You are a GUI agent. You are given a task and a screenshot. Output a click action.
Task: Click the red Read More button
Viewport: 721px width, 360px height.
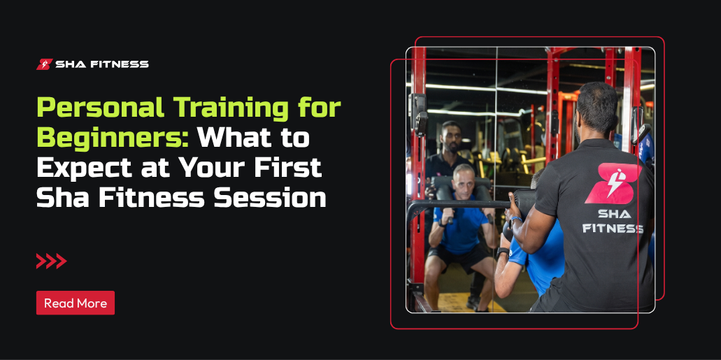click(76, 303)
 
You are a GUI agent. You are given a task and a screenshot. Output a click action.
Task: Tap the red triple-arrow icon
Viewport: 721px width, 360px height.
click(52, 261)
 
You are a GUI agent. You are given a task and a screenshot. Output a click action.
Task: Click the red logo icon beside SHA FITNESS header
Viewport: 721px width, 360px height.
click(44, 64)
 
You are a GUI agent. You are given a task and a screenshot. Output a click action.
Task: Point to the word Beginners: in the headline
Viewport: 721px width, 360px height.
click(113, 138)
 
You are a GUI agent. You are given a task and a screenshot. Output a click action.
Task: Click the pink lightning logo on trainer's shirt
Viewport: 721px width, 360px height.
click(613, 183)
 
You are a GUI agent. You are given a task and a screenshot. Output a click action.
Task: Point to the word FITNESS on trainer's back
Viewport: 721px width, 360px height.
click(613, 228)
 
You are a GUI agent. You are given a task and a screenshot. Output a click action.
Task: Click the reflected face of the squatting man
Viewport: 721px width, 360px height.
click(464, 180)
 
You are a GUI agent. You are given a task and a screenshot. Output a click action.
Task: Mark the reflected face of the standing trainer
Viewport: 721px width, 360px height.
click(452, 137)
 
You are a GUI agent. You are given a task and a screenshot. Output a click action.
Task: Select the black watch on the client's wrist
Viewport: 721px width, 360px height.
click(502, 252)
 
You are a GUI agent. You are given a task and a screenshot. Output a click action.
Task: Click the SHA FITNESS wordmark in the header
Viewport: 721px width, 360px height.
click(102, 64)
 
